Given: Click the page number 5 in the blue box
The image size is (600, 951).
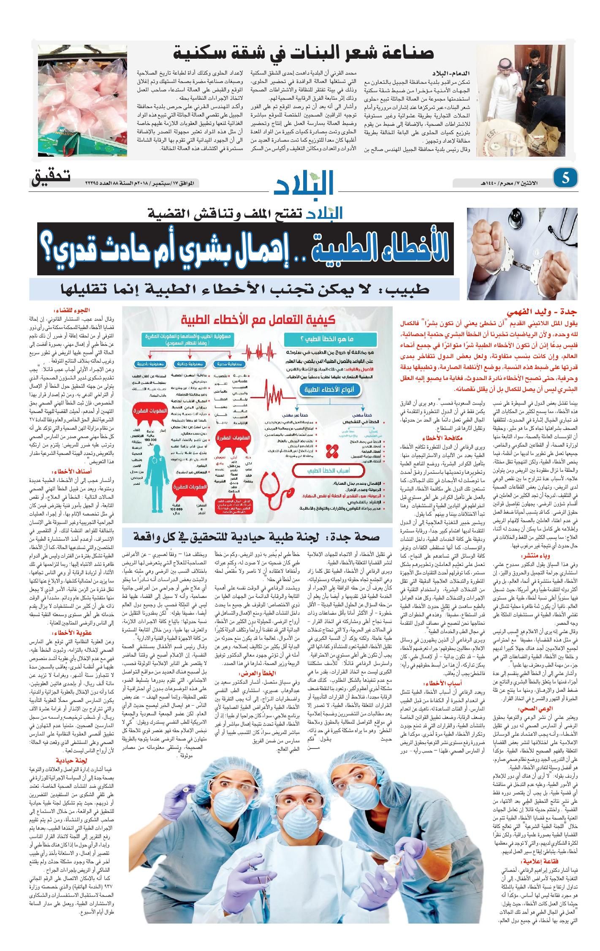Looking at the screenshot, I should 565,178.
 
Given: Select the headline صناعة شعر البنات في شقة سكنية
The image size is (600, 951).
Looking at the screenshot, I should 304,53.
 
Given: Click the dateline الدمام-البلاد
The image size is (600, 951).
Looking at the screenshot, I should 452,73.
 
